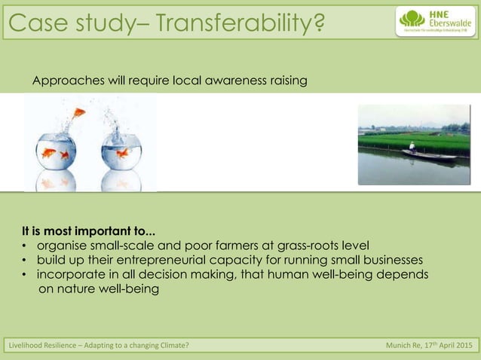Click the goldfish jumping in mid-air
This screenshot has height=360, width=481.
pos(79,113)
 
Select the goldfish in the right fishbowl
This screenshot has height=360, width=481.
pos(122,154)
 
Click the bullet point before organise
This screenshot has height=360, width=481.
pos(23,246)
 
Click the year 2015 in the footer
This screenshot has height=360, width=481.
pos(463,346)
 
